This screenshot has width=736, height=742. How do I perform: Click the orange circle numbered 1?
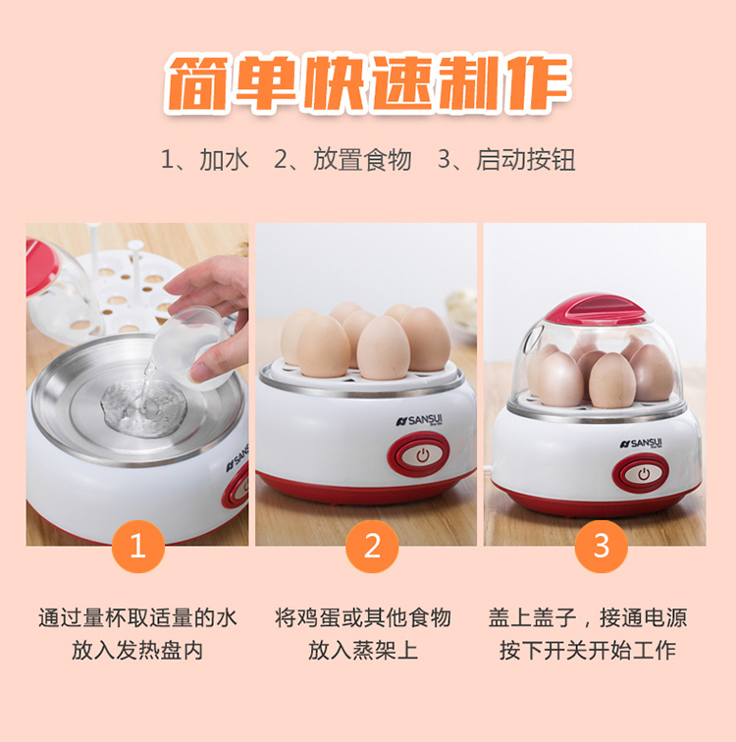coord(138,546)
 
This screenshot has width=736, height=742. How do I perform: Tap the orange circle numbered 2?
coord(372,546)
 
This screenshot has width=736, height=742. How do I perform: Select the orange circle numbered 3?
coord(602,546)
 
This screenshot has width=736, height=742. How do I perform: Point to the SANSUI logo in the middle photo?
coord(420,420)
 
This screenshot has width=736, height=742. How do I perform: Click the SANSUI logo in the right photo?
coord(641,444)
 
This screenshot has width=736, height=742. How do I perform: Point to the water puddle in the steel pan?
coord(143,408)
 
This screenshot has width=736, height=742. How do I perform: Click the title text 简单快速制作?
coord(368,83)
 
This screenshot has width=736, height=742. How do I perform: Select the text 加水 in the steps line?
coord(224,159)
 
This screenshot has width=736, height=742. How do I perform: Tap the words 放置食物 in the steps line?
coord(362,159)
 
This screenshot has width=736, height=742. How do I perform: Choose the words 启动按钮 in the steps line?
coord(526,159)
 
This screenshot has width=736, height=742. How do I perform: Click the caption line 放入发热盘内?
coord(137,650)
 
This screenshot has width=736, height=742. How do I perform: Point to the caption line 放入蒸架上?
coord(363,650)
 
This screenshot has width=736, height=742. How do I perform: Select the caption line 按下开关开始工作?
coord(588,650)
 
